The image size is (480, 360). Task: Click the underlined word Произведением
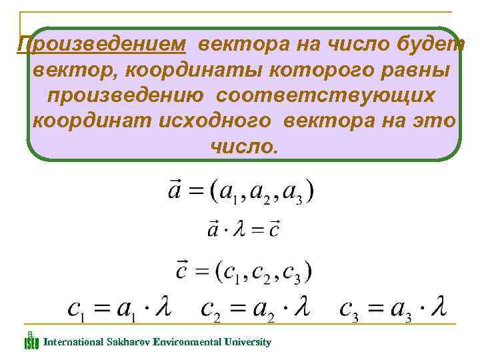(x=101, y=45)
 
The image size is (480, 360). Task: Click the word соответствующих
(x=325, y=95)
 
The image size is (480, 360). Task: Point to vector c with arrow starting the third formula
(x=181, y=271)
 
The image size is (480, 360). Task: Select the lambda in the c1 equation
(x=163, y=309)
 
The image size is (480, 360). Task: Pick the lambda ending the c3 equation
(x=437, y=309)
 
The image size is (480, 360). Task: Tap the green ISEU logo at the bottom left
(x=31, y=342)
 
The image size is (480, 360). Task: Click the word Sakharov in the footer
(x=126, y=342)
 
